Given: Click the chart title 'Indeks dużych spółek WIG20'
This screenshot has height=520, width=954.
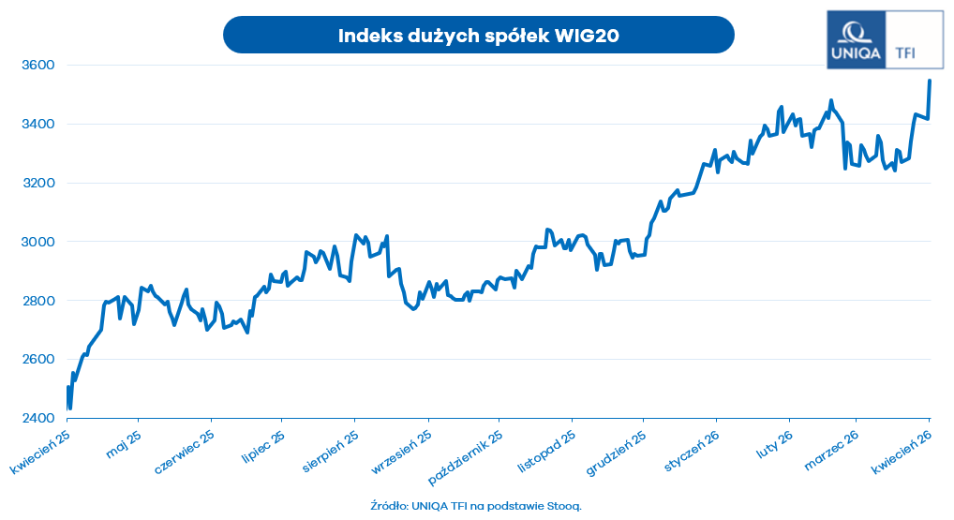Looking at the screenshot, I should pos(478,36).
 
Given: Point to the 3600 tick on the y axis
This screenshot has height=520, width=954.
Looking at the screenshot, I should pos(38,66).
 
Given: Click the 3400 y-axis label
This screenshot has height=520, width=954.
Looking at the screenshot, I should pos(38,125).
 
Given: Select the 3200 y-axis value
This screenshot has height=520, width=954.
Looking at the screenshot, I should pos(38,184).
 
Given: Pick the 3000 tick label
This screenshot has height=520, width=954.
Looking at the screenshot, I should pos(38,243).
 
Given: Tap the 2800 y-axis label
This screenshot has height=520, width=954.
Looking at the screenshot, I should pos(38,301).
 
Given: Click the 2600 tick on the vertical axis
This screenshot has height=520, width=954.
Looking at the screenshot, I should pos(38,360).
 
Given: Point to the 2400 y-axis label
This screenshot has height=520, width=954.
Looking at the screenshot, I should pos(38,419).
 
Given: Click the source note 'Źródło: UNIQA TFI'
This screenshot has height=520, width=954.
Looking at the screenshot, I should pos(476,506).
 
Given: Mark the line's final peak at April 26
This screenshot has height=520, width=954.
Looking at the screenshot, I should pos(930,81).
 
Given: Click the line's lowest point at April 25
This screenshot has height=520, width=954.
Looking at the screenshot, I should pos(70,408).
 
